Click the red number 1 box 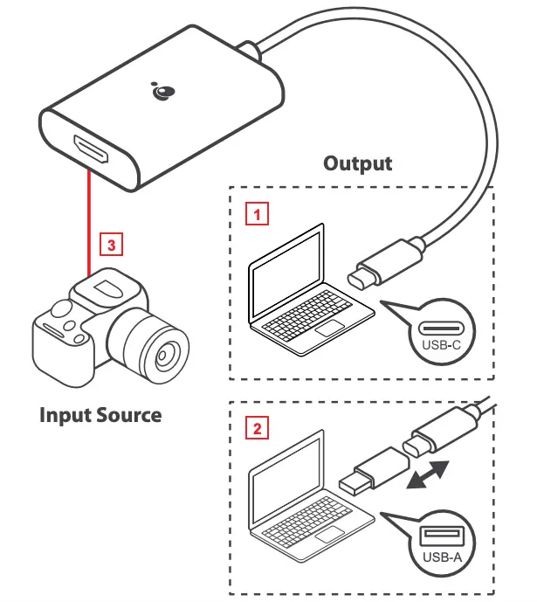click(x=255, y=211)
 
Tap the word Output click(x=357, y=163)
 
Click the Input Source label click(x=100, y=414)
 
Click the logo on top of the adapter click(x=162, y=90)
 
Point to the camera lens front click(x=162, y=355)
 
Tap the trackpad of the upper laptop click(x=329, y=329)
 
